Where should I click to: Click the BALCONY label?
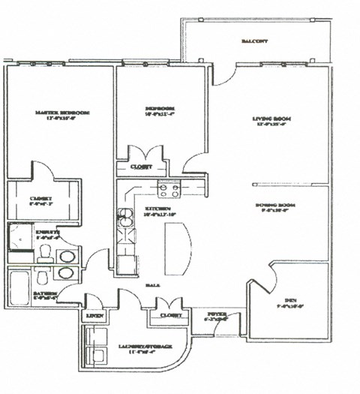(255, 41)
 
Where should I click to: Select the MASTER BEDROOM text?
(61, 113)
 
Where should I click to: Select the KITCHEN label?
(157, 209)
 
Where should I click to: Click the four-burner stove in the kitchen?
(168, 190)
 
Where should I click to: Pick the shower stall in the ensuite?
(19, 241)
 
